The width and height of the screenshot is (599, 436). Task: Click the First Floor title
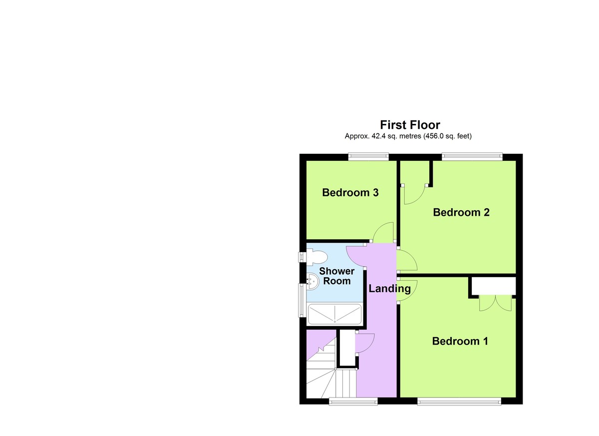coord(410,124)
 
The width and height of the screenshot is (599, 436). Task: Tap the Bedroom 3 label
coord(350,192)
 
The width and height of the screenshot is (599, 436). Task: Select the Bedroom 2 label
coord(461,212)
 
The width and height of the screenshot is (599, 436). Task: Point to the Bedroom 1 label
coord(460,341)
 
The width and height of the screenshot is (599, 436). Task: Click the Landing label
coord(389,288)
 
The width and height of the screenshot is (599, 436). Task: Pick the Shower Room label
coord(336,276)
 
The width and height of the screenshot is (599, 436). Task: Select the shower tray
coord(334,315)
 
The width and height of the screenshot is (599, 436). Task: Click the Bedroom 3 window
coord(368,157)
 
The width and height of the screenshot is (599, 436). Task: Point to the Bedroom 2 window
coord(471,157)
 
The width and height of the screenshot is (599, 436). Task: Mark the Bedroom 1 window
coord(459,401)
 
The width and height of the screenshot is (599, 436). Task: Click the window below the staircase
coord(353,401)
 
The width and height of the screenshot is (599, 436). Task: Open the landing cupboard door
coord(365,344)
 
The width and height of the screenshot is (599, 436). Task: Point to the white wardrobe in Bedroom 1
coord(493,287)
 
